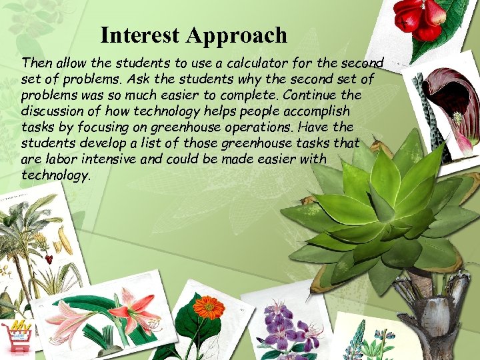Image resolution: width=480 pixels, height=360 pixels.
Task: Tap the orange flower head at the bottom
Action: [208, 307]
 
